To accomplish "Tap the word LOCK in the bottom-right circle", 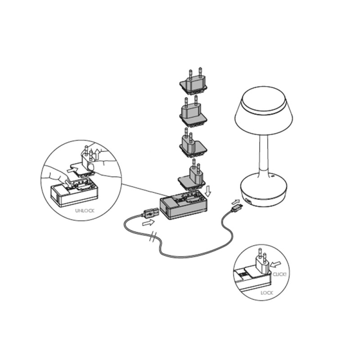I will click(x=266, y=292).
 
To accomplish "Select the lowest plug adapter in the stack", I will click(x=193, y=175).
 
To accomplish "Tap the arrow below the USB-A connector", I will click(x=146, y=222).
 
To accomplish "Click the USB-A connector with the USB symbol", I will click(x=149, y=211).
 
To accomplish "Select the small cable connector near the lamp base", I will click(x=236, y=208).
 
